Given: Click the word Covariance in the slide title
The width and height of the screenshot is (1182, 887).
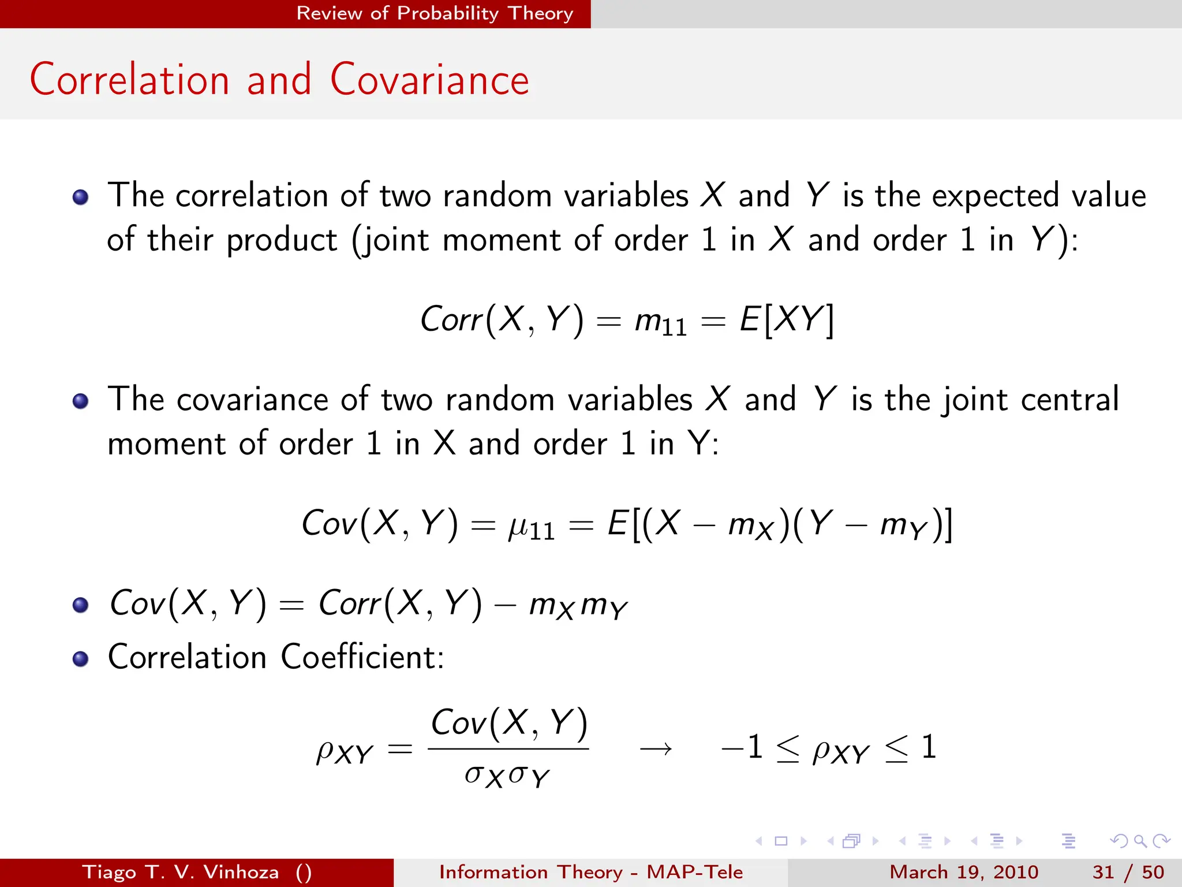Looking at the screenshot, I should [429, 80].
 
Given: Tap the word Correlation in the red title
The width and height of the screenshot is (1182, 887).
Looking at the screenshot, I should [130, 80].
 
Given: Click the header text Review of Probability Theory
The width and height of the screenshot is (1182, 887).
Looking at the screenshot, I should [435, 13].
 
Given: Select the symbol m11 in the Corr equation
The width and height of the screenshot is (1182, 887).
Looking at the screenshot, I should [660, 321].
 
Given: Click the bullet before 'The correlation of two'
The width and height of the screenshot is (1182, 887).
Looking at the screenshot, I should [81, 197].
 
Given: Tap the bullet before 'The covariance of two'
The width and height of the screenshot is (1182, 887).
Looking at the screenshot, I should [81, 401].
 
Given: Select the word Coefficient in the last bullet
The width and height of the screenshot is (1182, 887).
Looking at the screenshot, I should [362, 657].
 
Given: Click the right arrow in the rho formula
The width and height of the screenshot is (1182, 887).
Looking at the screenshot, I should [656, 750].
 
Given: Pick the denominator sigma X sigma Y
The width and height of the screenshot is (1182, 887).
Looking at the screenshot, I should [507, 776].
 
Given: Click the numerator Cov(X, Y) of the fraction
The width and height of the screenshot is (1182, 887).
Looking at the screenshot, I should [509, 723].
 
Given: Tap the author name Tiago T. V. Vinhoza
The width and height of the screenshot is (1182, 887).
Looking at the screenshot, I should [181, 872].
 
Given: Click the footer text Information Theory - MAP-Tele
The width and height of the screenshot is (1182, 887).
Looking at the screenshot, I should [590, 872].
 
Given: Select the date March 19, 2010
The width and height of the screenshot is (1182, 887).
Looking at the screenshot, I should [963, 872].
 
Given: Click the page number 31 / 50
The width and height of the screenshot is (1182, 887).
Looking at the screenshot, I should [1128, 872].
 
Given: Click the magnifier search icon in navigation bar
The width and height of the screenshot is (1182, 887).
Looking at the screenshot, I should [1140, 841].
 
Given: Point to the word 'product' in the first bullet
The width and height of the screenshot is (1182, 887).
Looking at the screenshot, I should [282, 240].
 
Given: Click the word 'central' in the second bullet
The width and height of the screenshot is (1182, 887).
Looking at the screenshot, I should [1069, 400].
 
